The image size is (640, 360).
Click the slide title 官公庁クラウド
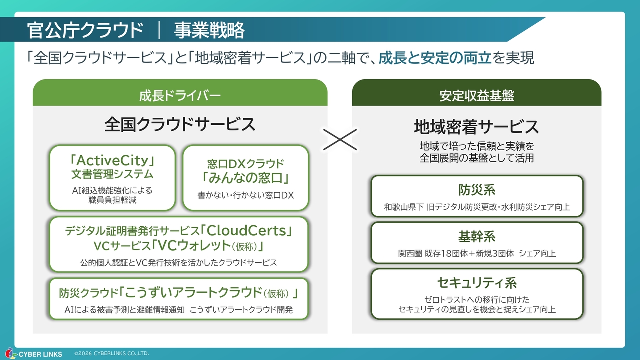85,30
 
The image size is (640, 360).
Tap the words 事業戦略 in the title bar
209,30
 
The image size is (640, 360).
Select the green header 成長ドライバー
180,95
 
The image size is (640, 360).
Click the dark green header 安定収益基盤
476,95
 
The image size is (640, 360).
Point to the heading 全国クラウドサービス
180,124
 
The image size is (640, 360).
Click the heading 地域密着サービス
476,126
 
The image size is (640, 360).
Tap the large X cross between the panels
340,139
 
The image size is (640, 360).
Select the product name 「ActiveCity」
112,160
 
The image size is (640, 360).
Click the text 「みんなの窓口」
246,177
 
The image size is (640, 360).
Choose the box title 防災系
476,190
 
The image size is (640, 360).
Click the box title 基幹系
476,236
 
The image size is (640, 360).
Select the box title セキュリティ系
476,283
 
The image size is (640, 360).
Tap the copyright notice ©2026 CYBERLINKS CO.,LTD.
111,353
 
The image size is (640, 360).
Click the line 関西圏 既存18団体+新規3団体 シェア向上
476,253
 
